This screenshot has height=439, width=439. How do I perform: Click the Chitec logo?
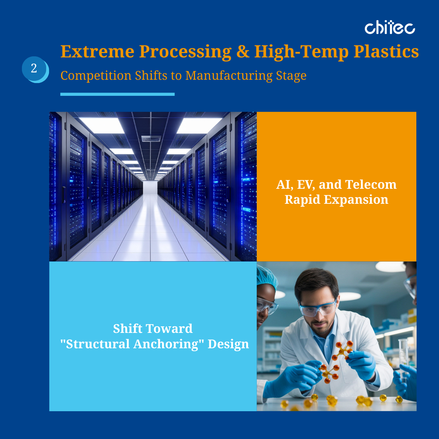coord(390,28)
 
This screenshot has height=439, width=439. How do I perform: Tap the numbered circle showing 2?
coord(34,68)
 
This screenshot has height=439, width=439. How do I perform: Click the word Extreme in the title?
coord(97,52)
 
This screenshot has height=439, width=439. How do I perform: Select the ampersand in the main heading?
coord(243,52)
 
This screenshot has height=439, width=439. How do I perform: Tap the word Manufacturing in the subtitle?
coord(229,76)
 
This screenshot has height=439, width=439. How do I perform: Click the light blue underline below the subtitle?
coord(117,94)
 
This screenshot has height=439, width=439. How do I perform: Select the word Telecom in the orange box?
coord(371,184)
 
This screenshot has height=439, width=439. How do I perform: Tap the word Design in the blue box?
coord(228,344)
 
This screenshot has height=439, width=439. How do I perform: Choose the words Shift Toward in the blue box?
coord(153,329)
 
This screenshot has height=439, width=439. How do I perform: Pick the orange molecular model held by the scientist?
coord(335,362)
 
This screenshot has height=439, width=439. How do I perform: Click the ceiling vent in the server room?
coord(151,139)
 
